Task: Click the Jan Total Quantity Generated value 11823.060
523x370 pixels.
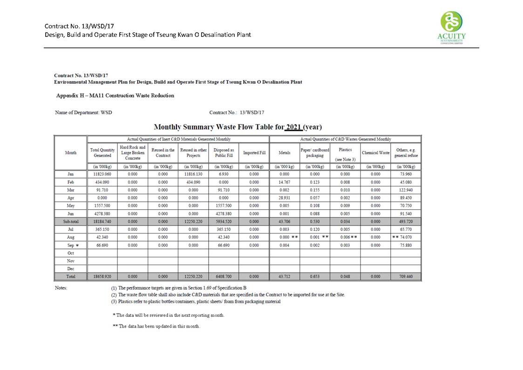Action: [102, 174]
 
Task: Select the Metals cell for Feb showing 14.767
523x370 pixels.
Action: [284, 182]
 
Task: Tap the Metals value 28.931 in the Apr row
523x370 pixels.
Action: [284, 198]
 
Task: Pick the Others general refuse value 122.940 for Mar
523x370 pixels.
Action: [406, 190]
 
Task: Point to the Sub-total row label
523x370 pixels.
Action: [70, 221]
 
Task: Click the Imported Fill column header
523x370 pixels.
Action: [254, 153]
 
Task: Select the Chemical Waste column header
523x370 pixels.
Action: [375, 153]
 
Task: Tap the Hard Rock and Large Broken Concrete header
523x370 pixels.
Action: [132, 153]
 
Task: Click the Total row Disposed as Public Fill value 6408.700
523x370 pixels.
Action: [224, 276]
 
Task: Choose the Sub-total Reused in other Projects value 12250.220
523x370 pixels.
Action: [193, 221]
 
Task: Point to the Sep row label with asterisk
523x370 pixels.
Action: [70, 245]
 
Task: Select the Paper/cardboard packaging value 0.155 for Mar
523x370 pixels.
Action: [314, 190]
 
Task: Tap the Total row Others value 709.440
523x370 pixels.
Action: [406, 276]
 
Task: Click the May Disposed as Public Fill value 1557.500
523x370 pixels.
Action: [224, 206]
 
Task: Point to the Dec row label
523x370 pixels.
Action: [70, 268]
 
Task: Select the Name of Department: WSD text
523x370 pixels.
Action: [83, 112]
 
